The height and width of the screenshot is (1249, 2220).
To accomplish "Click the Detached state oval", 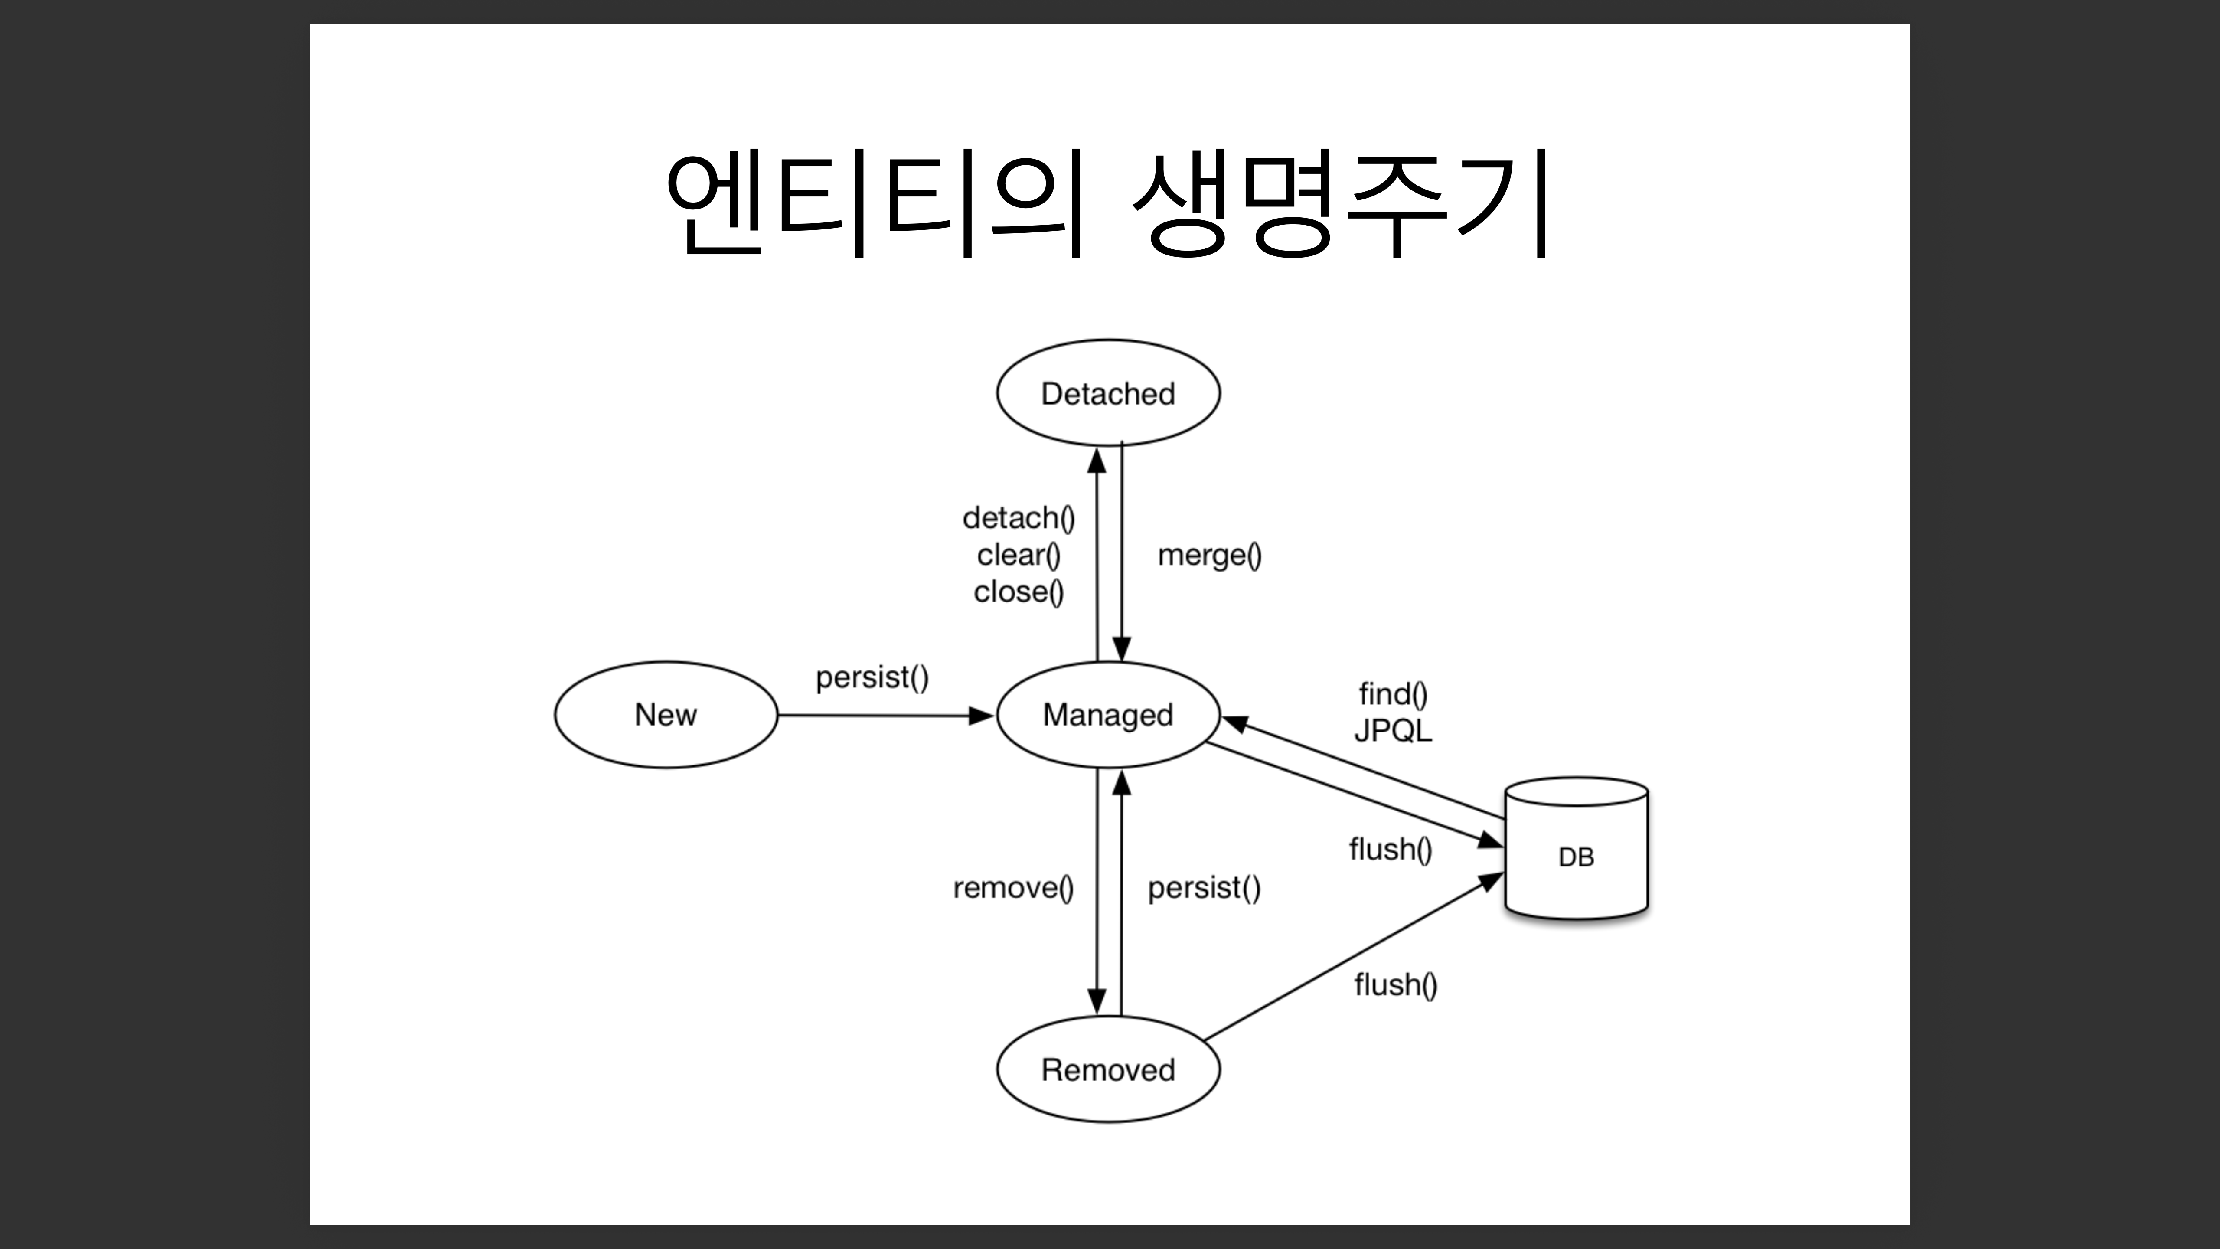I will [x=1108, y=393].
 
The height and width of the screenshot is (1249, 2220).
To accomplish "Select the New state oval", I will [x=665, y=715].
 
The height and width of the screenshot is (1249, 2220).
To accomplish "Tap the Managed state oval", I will [x=1108, y=715].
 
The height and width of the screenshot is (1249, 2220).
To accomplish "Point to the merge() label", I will [x=1209, y=555].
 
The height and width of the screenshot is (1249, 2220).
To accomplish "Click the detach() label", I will [x=1019, y=518].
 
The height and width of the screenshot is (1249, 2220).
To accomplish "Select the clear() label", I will [x=1019, y=555].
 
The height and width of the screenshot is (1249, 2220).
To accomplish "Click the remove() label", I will [x=1013, y=888].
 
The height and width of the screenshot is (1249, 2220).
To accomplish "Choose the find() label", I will [x=1393, y=694].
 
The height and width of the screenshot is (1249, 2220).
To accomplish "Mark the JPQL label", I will [x=1393, y=731].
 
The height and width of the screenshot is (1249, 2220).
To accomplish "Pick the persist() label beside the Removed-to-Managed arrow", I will [x=1204, y=888].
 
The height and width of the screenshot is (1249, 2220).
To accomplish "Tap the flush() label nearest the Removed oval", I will [x=1395, y=984].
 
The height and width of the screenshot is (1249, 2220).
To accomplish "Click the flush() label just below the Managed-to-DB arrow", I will [x=1390, y=850].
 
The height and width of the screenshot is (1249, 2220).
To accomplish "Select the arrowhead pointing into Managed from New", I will [x=981, y=716].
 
